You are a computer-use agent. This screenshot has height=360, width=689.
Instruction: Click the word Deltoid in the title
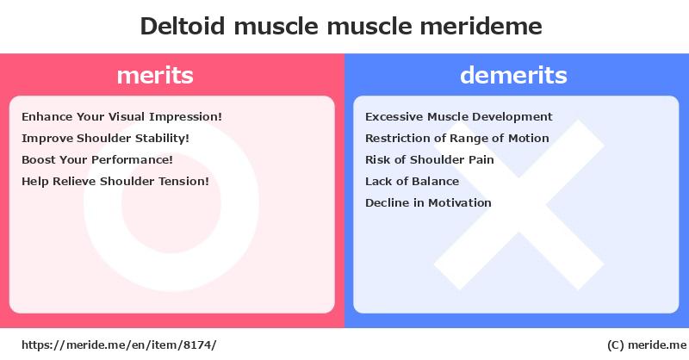click(x=183, y=26)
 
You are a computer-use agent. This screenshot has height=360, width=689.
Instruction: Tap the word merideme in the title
click(x=481, y=26)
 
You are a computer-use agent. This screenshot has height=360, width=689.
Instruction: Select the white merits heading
click(x=155, y=76)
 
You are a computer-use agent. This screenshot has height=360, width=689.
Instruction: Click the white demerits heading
click(x=513, y=75)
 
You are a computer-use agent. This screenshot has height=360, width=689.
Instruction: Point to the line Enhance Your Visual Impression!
click(x=121, y=117)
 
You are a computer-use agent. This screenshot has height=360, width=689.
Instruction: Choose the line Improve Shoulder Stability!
click(x=105, y=139)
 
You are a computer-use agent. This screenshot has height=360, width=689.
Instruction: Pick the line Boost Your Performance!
click(x=97, y=160)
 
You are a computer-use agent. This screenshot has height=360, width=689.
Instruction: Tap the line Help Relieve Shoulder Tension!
click(x=115, y=181)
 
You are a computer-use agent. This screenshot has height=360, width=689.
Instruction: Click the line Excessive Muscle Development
click(x=459, y=117)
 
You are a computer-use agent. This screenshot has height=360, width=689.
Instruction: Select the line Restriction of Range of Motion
click(x=457, y=139)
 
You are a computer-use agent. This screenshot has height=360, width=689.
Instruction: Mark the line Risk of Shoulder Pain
click(x=429, y=160)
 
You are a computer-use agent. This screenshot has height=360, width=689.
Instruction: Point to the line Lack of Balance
click(x=412, y=181)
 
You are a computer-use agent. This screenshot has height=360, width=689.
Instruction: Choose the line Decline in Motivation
click(x=428, y=202)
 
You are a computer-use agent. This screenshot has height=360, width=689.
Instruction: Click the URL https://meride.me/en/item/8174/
click(x=119, y=345)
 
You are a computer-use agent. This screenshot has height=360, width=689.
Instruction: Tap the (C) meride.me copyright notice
click(x=647, y=345)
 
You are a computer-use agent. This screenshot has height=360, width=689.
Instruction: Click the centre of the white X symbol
click(x=519, y=205)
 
